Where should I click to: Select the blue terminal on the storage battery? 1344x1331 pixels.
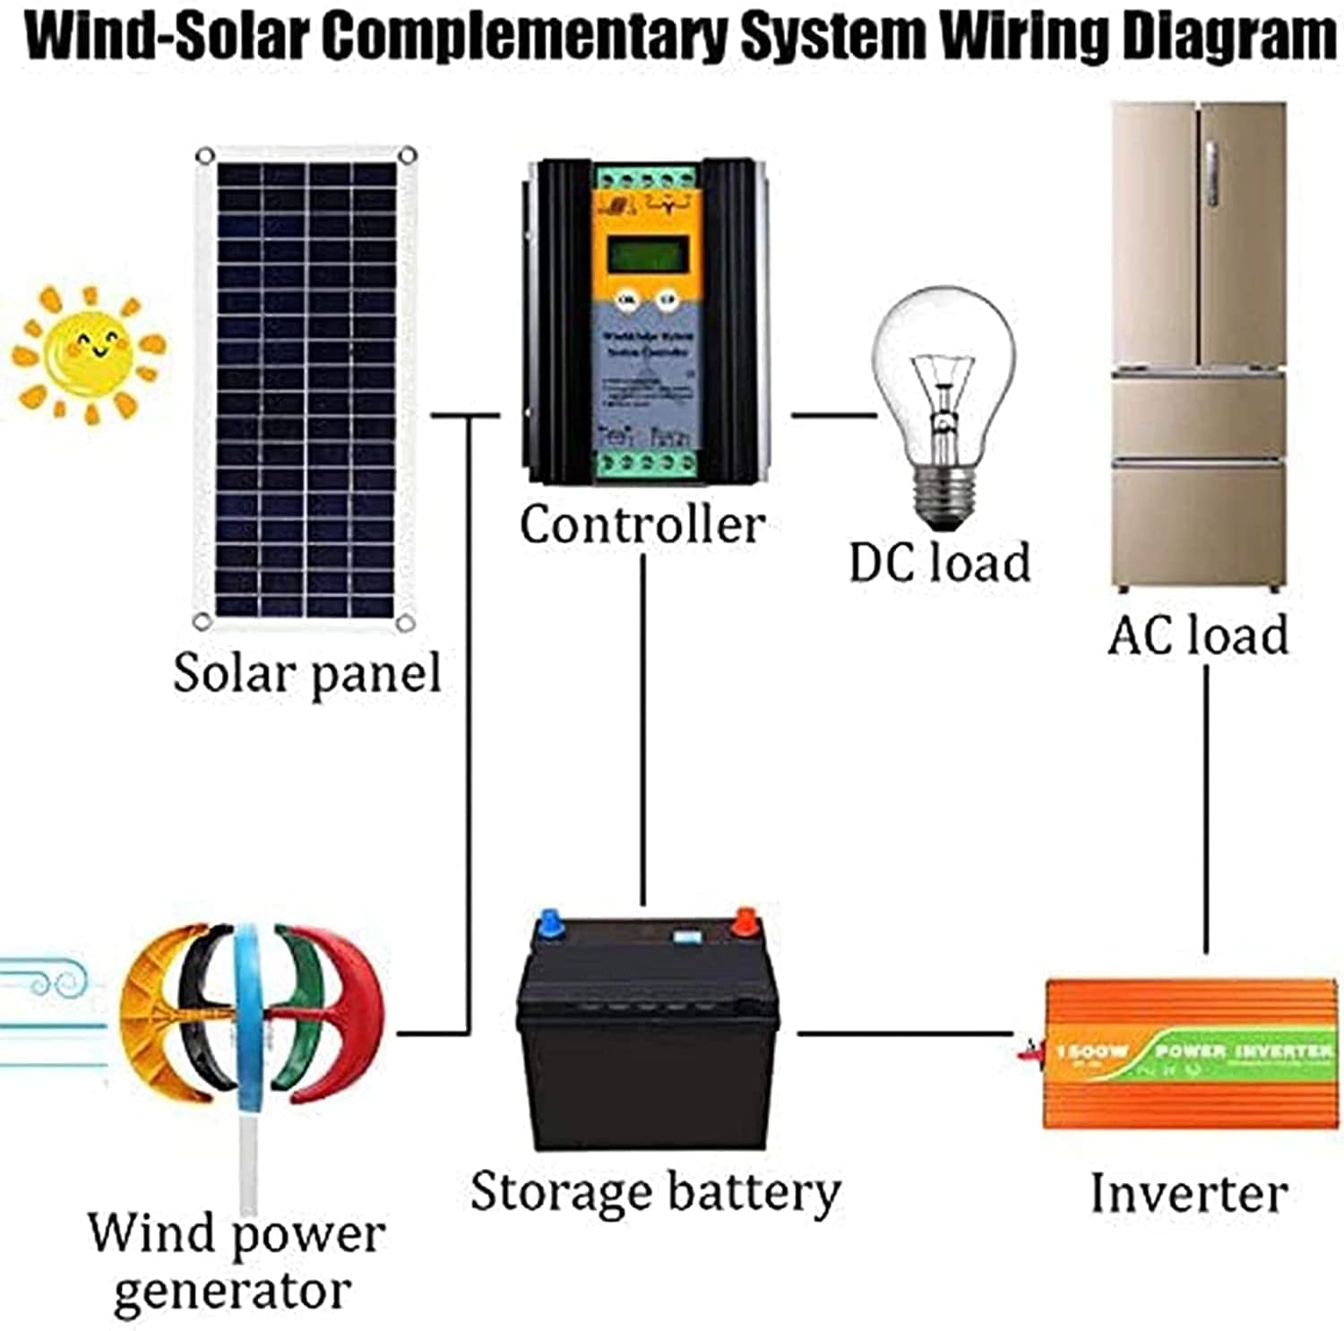(547, 923)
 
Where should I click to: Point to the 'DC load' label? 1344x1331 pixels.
(939, 563)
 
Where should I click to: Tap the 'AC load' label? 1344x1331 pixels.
(1198, 635)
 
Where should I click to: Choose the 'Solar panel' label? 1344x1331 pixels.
(307, 672)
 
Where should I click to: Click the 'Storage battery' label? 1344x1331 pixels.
(655, 1192)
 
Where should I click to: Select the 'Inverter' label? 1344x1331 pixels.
(1189, 1193)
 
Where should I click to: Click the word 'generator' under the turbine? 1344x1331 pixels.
(232, 1292)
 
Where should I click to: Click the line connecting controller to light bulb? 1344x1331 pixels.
(832, 415)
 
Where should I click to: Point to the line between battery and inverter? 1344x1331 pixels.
(905, 1033)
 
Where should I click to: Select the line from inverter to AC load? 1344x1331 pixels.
(1205, 807)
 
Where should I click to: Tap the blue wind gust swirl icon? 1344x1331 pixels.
(45, 981)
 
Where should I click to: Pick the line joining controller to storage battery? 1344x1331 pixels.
(642, 726)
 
